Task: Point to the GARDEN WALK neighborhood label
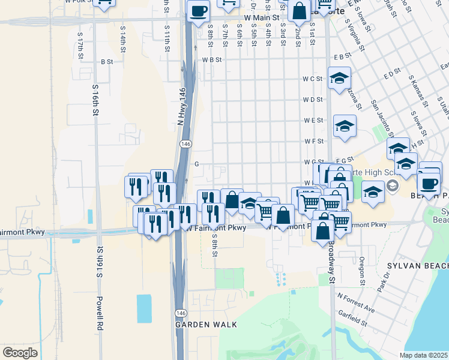(x=206, y=325)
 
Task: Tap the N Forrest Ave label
(x=356, y=303)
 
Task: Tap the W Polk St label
(x=80, y=2)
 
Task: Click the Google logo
(x=20, y=352)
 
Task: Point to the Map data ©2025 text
(x=424, y=355)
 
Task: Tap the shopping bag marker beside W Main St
(x=298, y=10)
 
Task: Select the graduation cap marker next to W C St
(x=339, y=78)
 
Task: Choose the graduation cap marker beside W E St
(x=345, y=126)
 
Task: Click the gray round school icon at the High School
(x=392, y=185)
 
